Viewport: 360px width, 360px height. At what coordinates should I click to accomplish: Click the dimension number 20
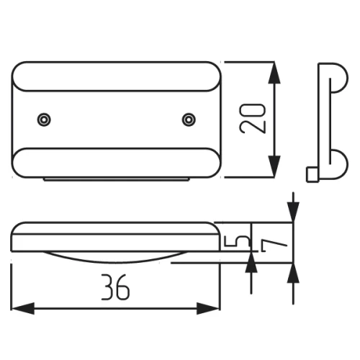coord(253,118)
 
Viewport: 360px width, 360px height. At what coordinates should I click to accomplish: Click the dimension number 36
coord(115,287)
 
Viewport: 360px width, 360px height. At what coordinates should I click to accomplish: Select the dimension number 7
coord(274,246)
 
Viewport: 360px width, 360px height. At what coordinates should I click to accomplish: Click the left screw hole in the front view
coord(44,120)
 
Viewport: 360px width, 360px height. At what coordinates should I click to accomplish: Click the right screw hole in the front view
coord(189,120)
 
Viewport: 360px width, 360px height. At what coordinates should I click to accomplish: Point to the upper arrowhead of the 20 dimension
coord(274,73)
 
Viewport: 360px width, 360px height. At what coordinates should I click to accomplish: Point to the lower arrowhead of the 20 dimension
coord(274,166)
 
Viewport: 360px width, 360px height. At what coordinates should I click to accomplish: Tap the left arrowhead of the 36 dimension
coord(23,308)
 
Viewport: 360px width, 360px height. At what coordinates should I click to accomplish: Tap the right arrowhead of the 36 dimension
coord(208,308)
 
